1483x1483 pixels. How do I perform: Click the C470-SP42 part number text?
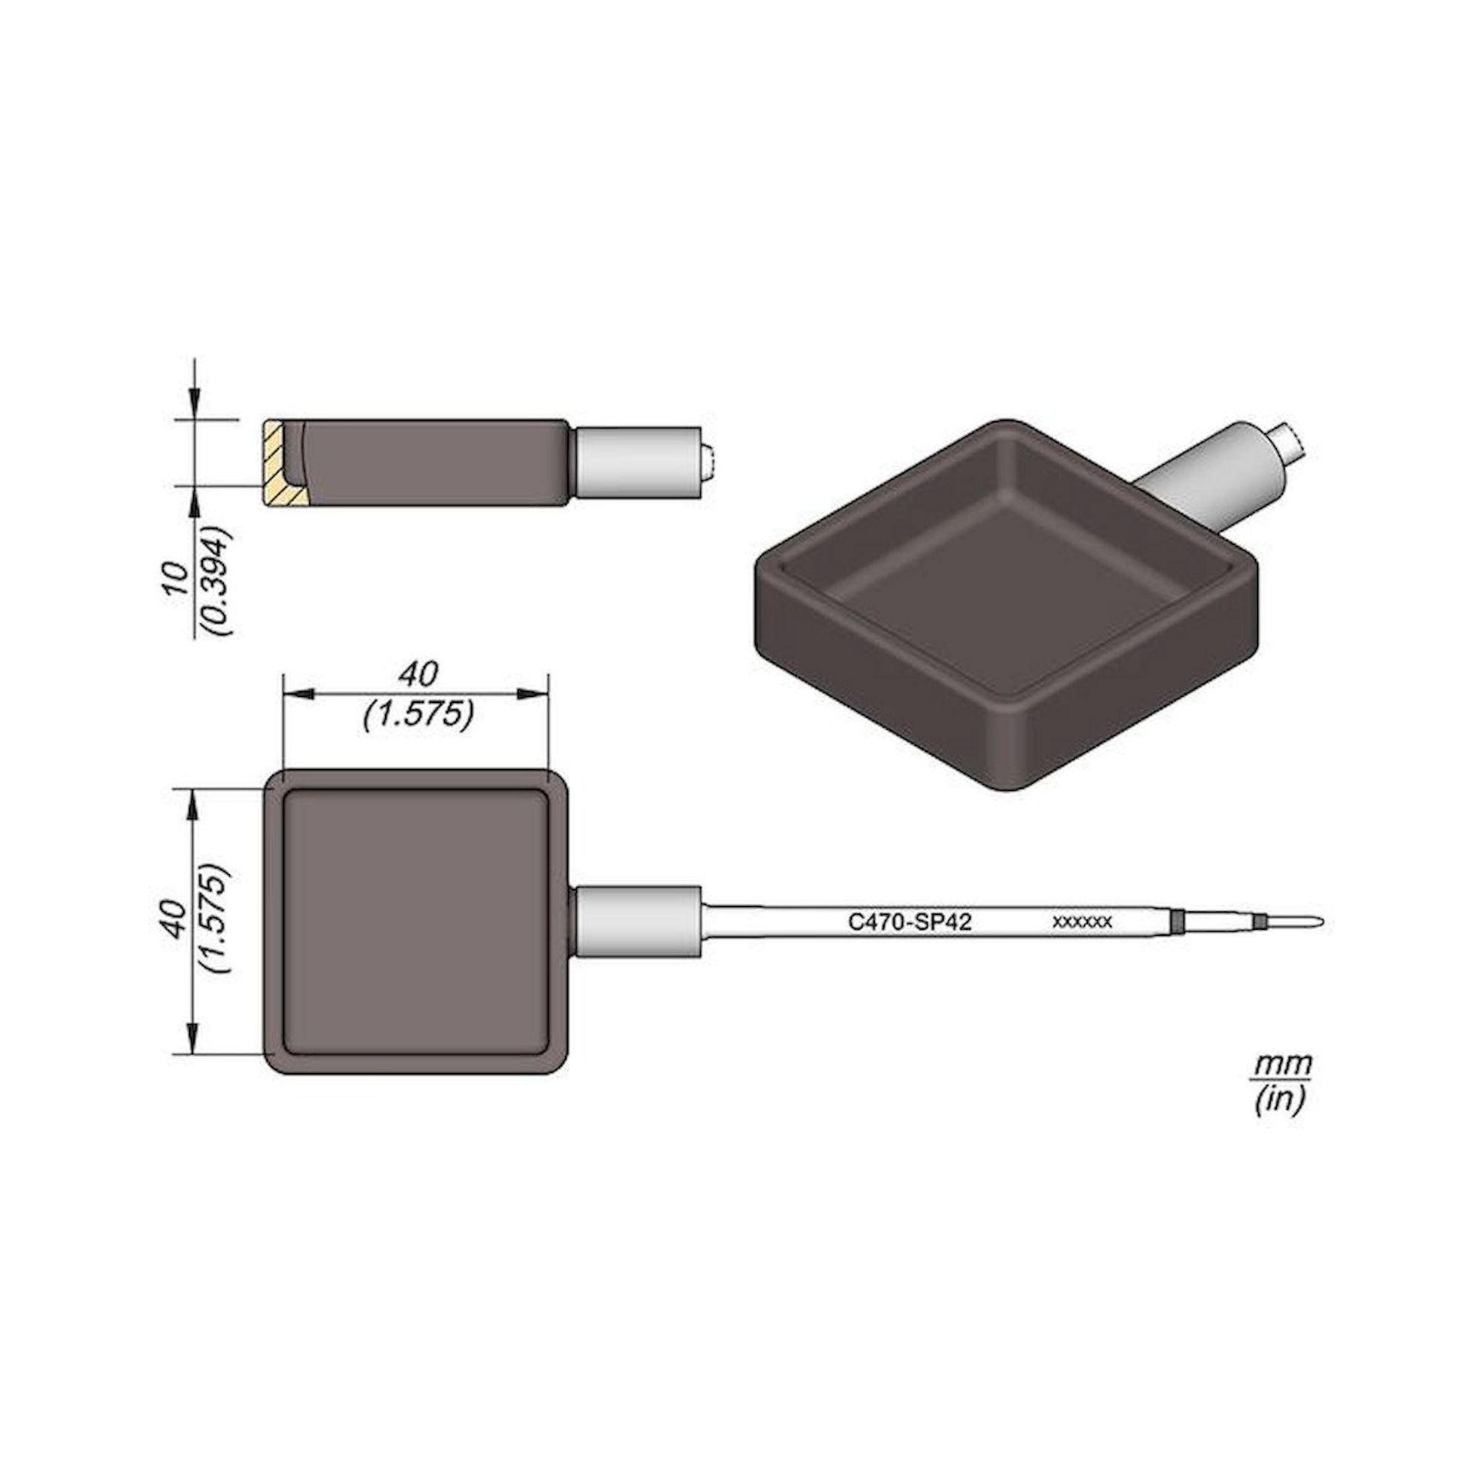[910, 921]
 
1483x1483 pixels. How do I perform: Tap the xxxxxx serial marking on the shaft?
[1083, 922]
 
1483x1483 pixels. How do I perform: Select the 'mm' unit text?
[1283, 1065]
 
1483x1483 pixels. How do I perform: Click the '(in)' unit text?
[1280, 1103]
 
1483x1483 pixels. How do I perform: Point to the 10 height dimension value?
[177, 580]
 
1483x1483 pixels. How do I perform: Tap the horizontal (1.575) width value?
[417, 715]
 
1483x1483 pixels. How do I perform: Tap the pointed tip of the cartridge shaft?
[1316, 921]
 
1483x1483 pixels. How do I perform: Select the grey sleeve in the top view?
[637, 921]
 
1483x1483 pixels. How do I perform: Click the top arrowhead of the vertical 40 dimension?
[195, 803]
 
